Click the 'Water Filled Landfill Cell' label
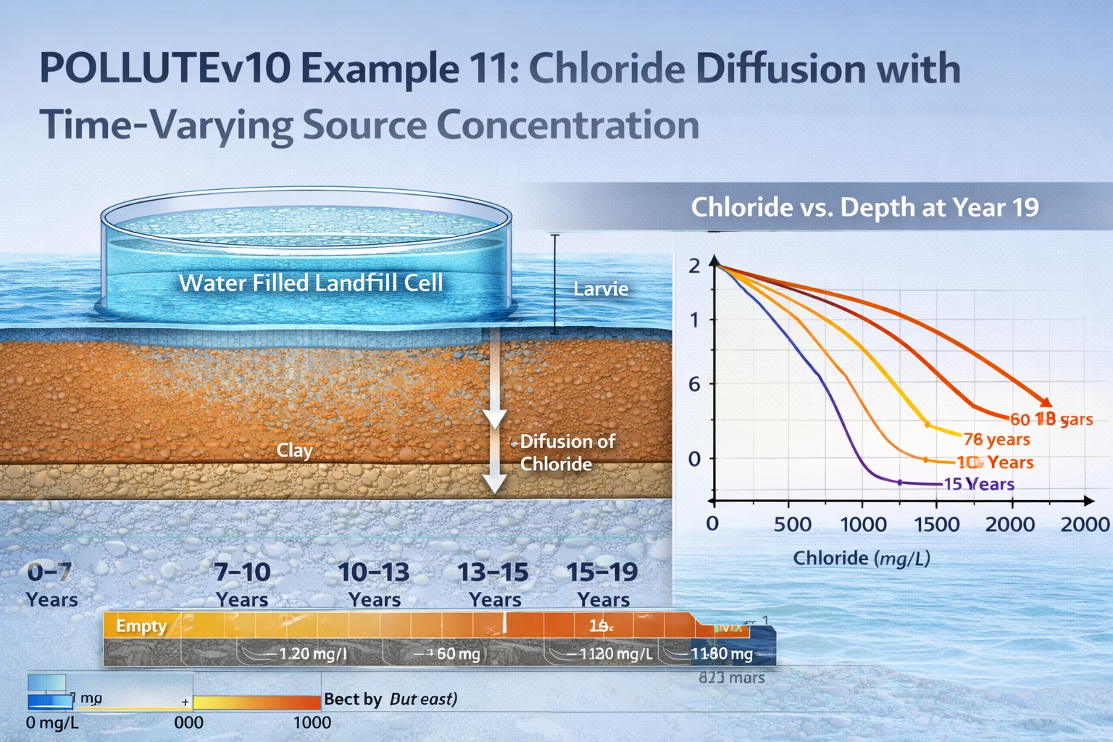tap(311, 283)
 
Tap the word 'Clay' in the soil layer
tap(294, 451)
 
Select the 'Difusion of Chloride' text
tap(567, 452)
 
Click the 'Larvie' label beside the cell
tap(601, 289)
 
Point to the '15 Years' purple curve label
tap(978, 484)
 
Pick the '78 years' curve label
tap(996, 439)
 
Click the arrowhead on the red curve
tap(1045, 402)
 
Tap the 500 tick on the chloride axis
tap(793, 524)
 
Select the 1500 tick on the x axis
tap(937, 524)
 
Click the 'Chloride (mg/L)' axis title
tap(862, 558)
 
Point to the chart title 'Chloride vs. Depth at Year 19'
tap(864, 207)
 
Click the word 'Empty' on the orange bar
tap(141, 625)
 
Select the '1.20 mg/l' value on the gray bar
tap(312, 654)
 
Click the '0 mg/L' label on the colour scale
tap(52, 722)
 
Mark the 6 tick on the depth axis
tap(694, 384)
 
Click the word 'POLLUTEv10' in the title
tap(164, 69)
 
